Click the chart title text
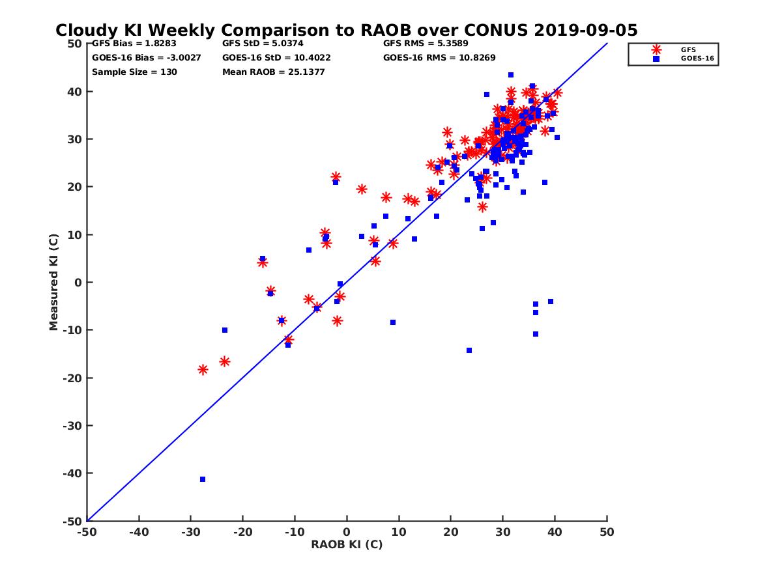pyautogui.click(x=346, y=30)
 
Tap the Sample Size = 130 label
pyautogui.click(x=134, y=72)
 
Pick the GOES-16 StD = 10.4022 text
pyautogui.click(x=276, y=57)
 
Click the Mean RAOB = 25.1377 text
pyautogui.click(x=274, y=72)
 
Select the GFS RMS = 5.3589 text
pyautogui.click(x=426, y=44)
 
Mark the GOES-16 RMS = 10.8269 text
pyautogui.click(x=439, y=57)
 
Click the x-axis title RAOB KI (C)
pyautogui.click(x=347, y=544)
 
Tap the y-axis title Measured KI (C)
pyautogui.click(x=54, y=283)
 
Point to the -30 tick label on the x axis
pyautogui.click(x=190, y=532)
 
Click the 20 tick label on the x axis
pyautogui.click(x=451, y=532)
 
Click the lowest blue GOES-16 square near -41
pyautogui.click(x=203, y=479)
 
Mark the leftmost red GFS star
pyautogui.click(x=203, y=369)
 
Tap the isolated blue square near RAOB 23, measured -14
pyautogui.click(x=469, y=350)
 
